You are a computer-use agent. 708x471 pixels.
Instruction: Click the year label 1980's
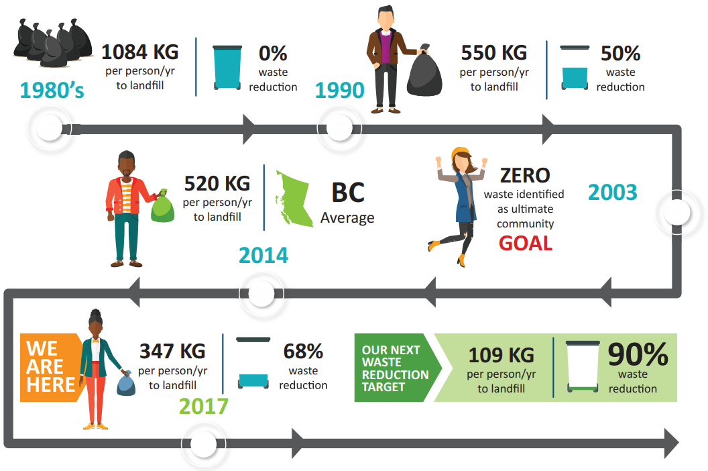click(52, 90)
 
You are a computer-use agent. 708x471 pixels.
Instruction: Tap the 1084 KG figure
click(140, 52)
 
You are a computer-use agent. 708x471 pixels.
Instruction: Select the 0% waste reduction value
click(273, 53)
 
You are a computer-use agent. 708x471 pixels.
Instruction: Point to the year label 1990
click(339, 90)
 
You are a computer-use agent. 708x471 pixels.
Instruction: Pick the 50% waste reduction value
click(620, 53)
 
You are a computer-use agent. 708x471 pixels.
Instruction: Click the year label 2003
click(612, 192)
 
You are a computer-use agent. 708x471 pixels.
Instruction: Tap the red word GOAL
click(526, 243)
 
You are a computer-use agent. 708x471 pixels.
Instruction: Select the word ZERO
click(525, 175)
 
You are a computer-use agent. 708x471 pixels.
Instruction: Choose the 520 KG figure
click(217, 184)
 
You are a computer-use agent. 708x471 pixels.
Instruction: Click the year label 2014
click(263, 256)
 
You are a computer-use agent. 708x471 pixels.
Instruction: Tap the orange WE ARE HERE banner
click(50, 367)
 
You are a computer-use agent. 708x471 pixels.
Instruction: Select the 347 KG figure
click(172, 351)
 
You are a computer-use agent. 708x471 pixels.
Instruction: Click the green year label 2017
click(204, 406)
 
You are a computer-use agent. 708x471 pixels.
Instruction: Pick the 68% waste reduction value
click(303, 351)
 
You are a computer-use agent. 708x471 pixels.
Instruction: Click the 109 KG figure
click(501, 356)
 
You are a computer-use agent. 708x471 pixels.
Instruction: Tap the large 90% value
click(638, 354)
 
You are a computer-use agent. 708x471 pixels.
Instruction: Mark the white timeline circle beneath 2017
click(203, 444)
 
